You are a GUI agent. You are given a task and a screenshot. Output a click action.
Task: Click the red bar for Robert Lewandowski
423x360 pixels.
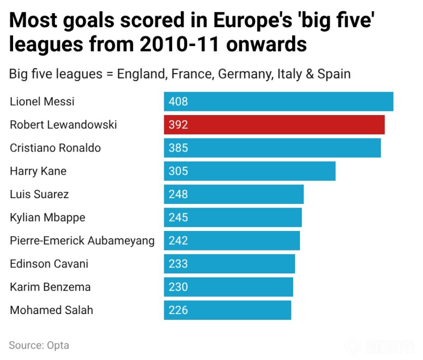[274, 125]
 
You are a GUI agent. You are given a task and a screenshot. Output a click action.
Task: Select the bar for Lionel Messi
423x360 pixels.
[278, 102]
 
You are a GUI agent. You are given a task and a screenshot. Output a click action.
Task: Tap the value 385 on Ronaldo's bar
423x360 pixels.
[178, 148]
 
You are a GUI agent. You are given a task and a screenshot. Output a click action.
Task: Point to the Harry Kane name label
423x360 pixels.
[38, 171]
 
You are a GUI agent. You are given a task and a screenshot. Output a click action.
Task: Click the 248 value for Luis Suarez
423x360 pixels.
[178, 194]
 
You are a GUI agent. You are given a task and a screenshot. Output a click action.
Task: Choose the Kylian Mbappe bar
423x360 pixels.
[233, 217]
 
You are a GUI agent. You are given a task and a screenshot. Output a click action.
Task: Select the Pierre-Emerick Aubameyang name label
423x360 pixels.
[82, 241]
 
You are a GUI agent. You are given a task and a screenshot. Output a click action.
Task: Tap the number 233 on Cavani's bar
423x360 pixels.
[178, 264]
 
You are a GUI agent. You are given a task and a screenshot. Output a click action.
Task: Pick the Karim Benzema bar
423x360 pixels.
[228, 287]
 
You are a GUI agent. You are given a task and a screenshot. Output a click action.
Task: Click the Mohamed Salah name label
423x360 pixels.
[51, 310]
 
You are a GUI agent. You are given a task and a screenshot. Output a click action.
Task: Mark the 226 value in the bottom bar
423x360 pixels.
[178, 310]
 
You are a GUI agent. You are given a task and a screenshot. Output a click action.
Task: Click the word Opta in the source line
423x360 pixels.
[58, 346]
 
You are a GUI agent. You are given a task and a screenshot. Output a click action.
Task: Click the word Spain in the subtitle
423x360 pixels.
[334, 74]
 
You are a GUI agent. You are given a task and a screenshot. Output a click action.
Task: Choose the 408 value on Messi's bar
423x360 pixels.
[178, 102]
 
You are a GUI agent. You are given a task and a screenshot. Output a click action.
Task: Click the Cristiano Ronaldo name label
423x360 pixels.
[55, 148]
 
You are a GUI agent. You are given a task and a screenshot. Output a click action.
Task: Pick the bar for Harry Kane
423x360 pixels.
[249, 171]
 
